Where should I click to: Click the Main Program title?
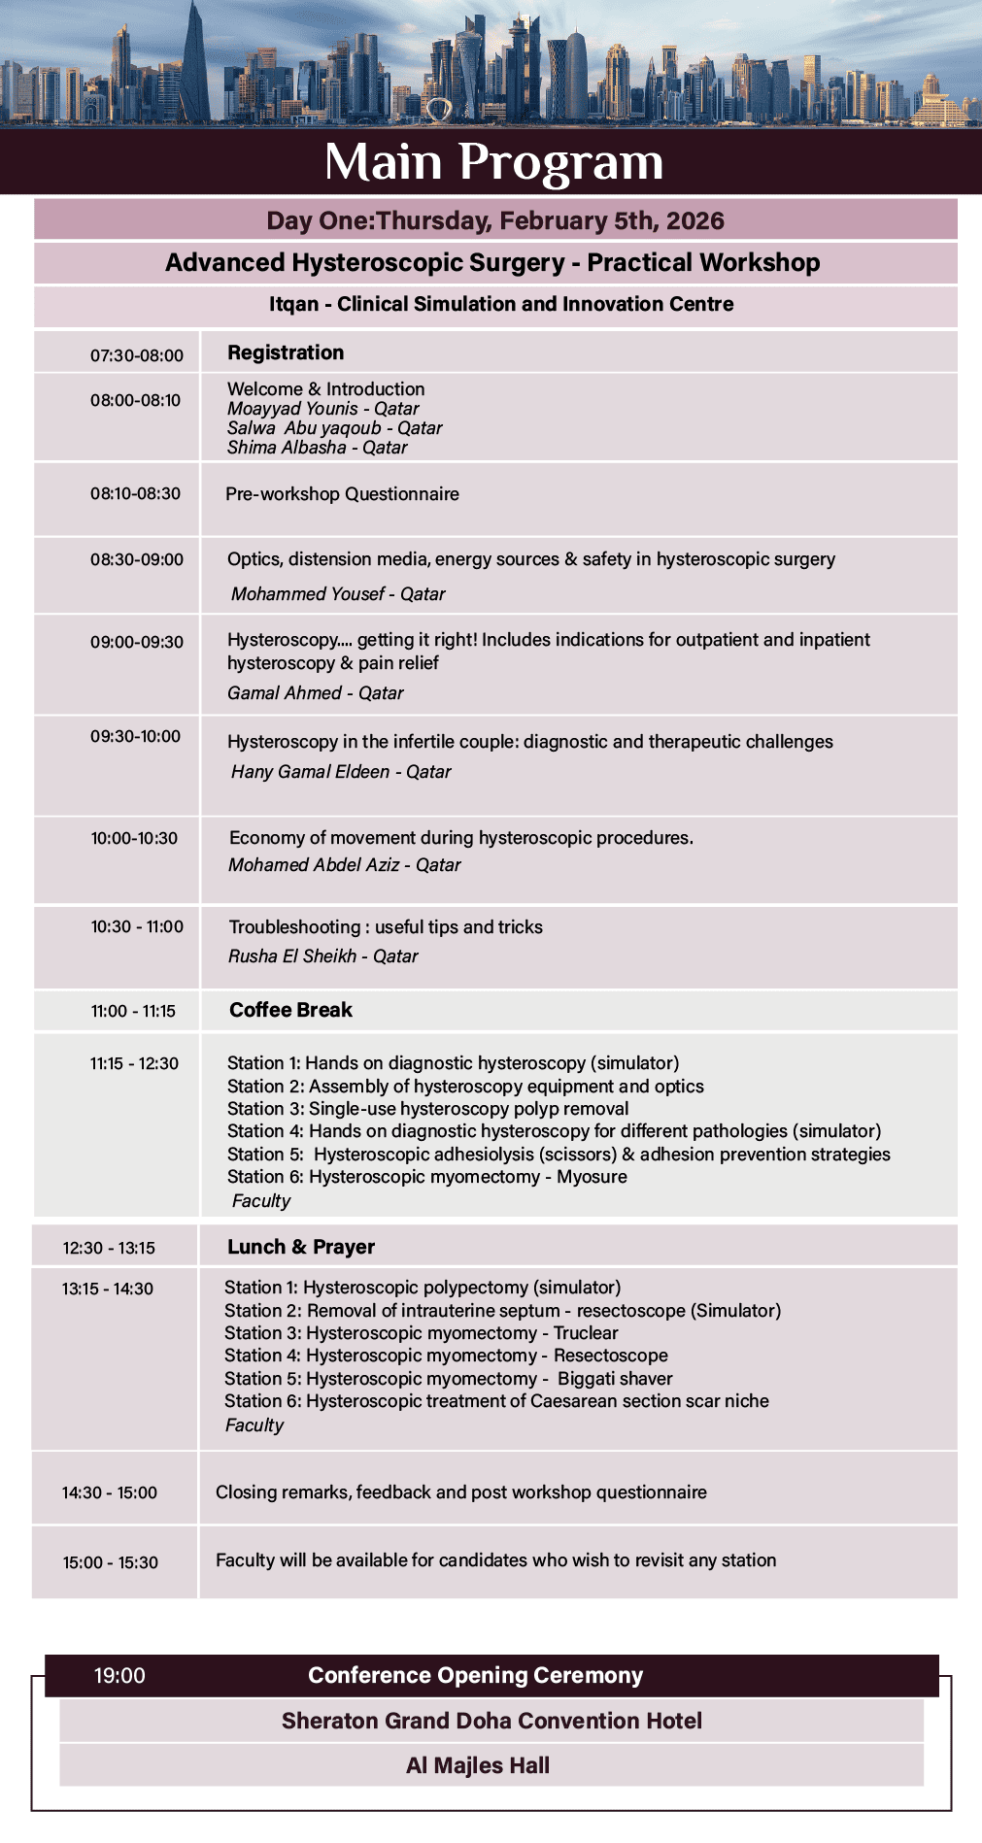click(493, 161)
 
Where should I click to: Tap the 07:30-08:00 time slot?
click(137, 355)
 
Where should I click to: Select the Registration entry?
click(286, 352)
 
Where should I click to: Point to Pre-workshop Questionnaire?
click(342, 494)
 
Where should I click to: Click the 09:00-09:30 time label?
click(137, 642)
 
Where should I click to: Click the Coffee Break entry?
click(290, 1010)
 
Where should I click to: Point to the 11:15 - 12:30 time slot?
click(134, 1063)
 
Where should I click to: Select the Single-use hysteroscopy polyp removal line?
click(427, 1109)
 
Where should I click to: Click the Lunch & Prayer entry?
click(301, 1247)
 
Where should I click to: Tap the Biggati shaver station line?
click(448, 1379)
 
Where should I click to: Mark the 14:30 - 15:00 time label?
click(110, 1492)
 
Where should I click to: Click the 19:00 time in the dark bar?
click(119, 1675)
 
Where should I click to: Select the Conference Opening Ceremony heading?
click(475, 1675)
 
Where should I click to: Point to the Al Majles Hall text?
click(478, 1765)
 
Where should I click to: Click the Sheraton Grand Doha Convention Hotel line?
click(491, 1721)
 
